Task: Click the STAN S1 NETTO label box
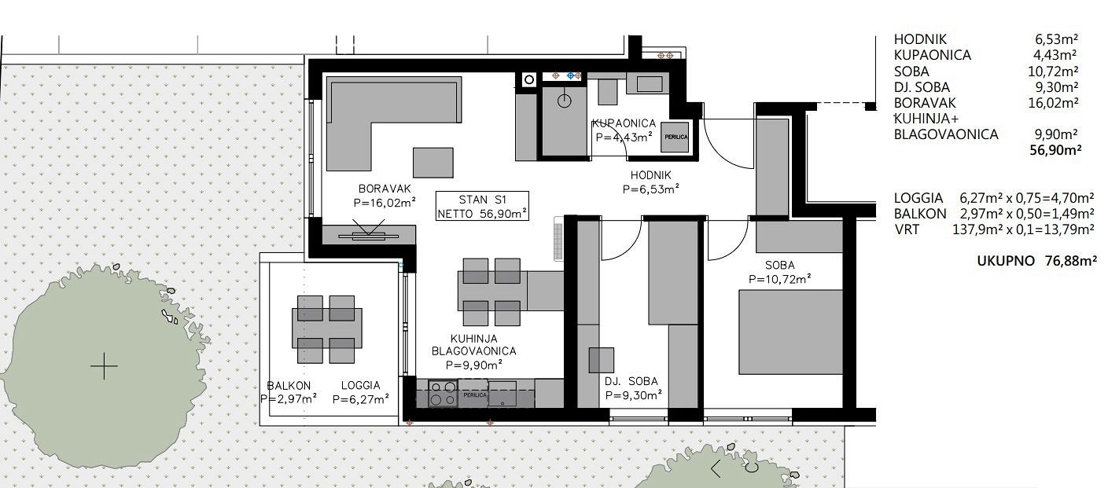482,206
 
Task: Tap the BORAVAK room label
385,189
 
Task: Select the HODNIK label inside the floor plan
651,175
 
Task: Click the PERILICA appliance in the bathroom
675,137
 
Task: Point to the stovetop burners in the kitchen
443,394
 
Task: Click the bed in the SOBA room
790,332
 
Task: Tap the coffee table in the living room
433,163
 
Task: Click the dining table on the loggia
327,328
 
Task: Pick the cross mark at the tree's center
105,366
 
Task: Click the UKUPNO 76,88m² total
1036,261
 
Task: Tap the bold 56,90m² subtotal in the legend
1055,150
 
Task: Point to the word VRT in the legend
907,230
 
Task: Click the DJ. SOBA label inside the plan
631,381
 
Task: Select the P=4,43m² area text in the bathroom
624,137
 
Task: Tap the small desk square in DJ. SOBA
602,360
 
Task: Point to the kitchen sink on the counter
502,394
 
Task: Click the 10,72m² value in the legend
1053,72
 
